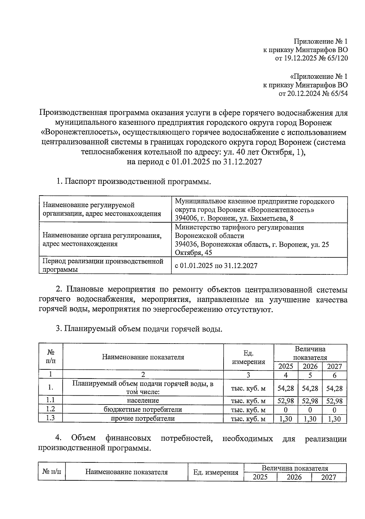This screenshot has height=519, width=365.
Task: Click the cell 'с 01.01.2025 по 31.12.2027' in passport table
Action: coord(216,266)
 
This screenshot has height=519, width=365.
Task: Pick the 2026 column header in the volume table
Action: coord(310,366)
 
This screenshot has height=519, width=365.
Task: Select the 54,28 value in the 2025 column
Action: coord(286,388)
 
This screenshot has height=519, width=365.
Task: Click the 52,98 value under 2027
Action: coord(334,401)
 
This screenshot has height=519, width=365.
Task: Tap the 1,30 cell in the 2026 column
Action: coord(310,419)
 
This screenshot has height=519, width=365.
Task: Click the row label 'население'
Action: coord(143,401)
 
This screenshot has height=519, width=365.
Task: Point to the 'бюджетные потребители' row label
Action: coord(143,410)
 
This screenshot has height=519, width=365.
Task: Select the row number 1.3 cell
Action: coord(50,418)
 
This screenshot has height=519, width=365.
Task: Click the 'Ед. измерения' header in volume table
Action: coord(249,357)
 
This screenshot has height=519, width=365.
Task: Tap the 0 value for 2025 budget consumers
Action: coord(286,410)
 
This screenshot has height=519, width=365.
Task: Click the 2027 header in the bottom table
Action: coord(328,477)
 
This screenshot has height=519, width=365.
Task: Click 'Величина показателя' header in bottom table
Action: coord(295,468)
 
